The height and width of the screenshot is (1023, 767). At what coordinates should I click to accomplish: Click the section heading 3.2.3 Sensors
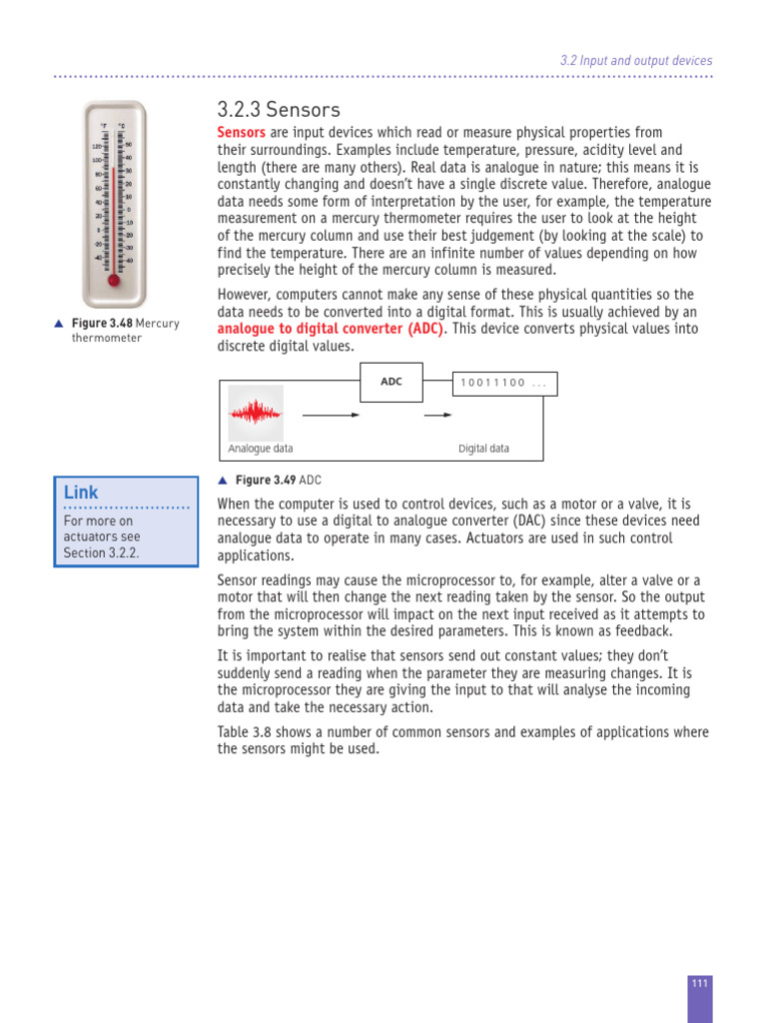pos(279,110)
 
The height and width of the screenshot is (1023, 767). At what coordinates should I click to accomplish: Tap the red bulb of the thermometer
pos(114,280)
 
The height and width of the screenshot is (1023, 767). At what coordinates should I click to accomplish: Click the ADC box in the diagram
pos(390,382)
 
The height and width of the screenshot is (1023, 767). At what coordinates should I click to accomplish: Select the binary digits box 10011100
pos(504,383)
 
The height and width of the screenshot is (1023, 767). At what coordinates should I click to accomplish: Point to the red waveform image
pos(256,414)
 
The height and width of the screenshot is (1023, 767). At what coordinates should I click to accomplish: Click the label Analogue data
pos(261,449)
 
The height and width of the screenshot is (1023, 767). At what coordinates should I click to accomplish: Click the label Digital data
pos(483,449)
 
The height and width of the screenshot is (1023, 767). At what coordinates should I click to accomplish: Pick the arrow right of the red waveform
pos(331,414)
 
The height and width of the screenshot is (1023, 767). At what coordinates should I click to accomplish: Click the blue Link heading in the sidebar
pos(81,493)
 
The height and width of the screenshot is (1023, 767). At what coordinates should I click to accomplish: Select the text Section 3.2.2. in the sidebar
pos(101,552)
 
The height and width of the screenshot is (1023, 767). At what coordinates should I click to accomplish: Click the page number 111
pos(699,983)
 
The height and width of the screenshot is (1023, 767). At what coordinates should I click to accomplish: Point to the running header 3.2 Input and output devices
pos(636,60)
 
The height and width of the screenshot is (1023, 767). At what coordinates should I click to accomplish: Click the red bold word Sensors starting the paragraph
pos(242,133)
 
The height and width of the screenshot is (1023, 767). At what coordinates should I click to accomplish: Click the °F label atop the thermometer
pos(103,127)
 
